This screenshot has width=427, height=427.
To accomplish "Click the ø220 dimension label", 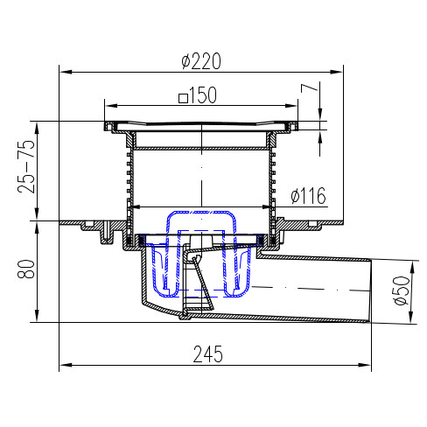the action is (x=201, y=61).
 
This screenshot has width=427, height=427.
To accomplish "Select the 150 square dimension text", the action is (x=198, y=95).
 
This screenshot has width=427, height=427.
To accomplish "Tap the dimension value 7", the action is (x=309, y=88).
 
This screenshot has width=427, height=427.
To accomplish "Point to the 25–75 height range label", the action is (x=26, y=166).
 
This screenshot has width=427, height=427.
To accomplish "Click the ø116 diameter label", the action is (x=308, y=195).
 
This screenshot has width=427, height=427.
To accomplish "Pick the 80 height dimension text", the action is (x=26, y=269).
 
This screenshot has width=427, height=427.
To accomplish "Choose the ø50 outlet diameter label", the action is (x=402, y=290).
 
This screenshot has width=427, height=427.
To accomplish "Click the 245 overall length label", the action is (x=208, y=354).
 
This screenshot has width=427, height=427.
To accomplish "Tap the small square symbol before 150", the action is (x=183, y=98).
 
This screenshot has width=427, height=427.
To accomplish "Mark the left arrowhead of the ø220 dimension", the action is (x=66, y=72).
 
